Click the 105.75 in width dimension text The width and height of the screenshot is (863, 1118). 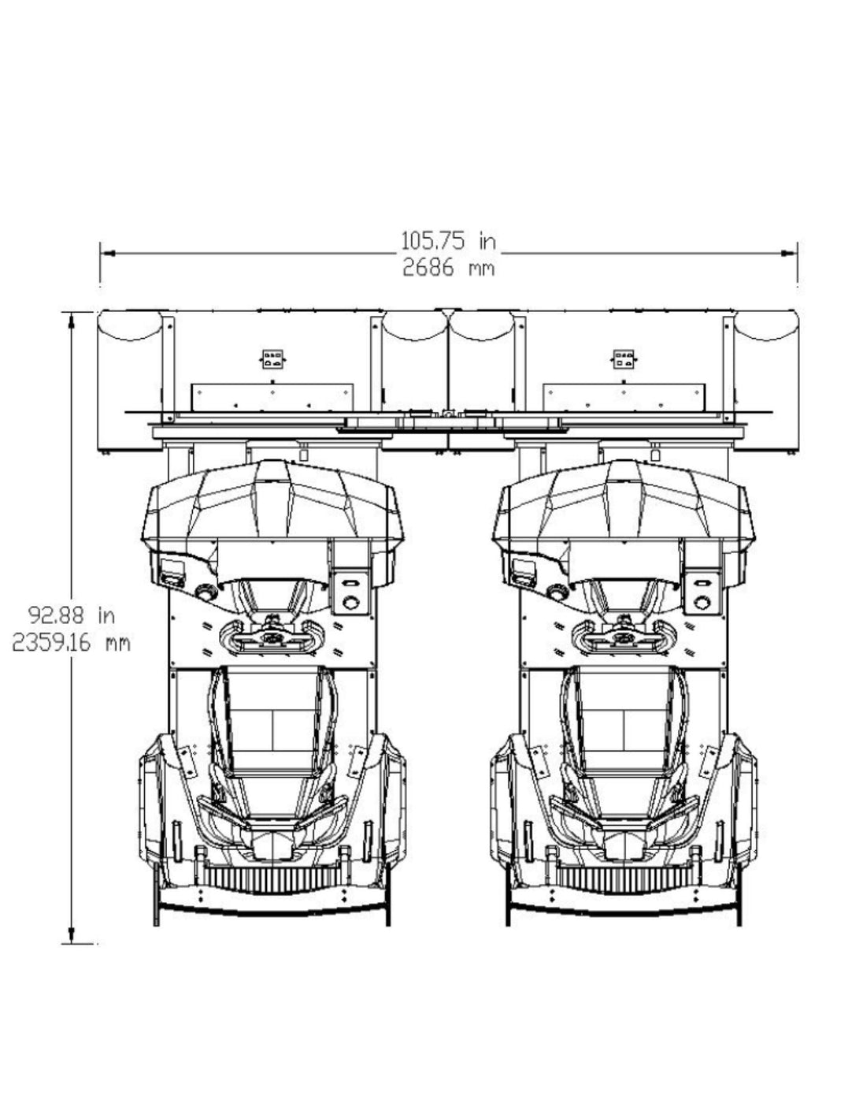tap(448, 241)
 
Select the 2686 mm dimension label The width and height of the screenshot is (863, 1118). tap(448, 268)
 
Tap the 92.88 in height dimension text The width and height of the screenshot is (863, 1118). tap(71, 615)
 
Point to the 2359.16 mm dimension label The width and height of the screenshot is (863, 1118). tap(71, 643)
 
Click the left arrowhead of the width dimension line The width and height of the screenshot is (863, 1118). tap(107, 253)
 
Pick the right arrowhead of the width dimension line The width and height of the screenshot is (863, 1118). tap(790, 253)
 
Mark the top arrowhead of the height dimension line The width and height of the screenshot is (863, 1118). tap(72, 320)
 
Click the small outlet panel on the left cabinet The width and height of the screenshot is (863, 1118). tap(272, 358)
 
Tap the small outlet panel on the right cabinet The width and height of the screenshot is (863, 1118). tap(624, 358)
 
